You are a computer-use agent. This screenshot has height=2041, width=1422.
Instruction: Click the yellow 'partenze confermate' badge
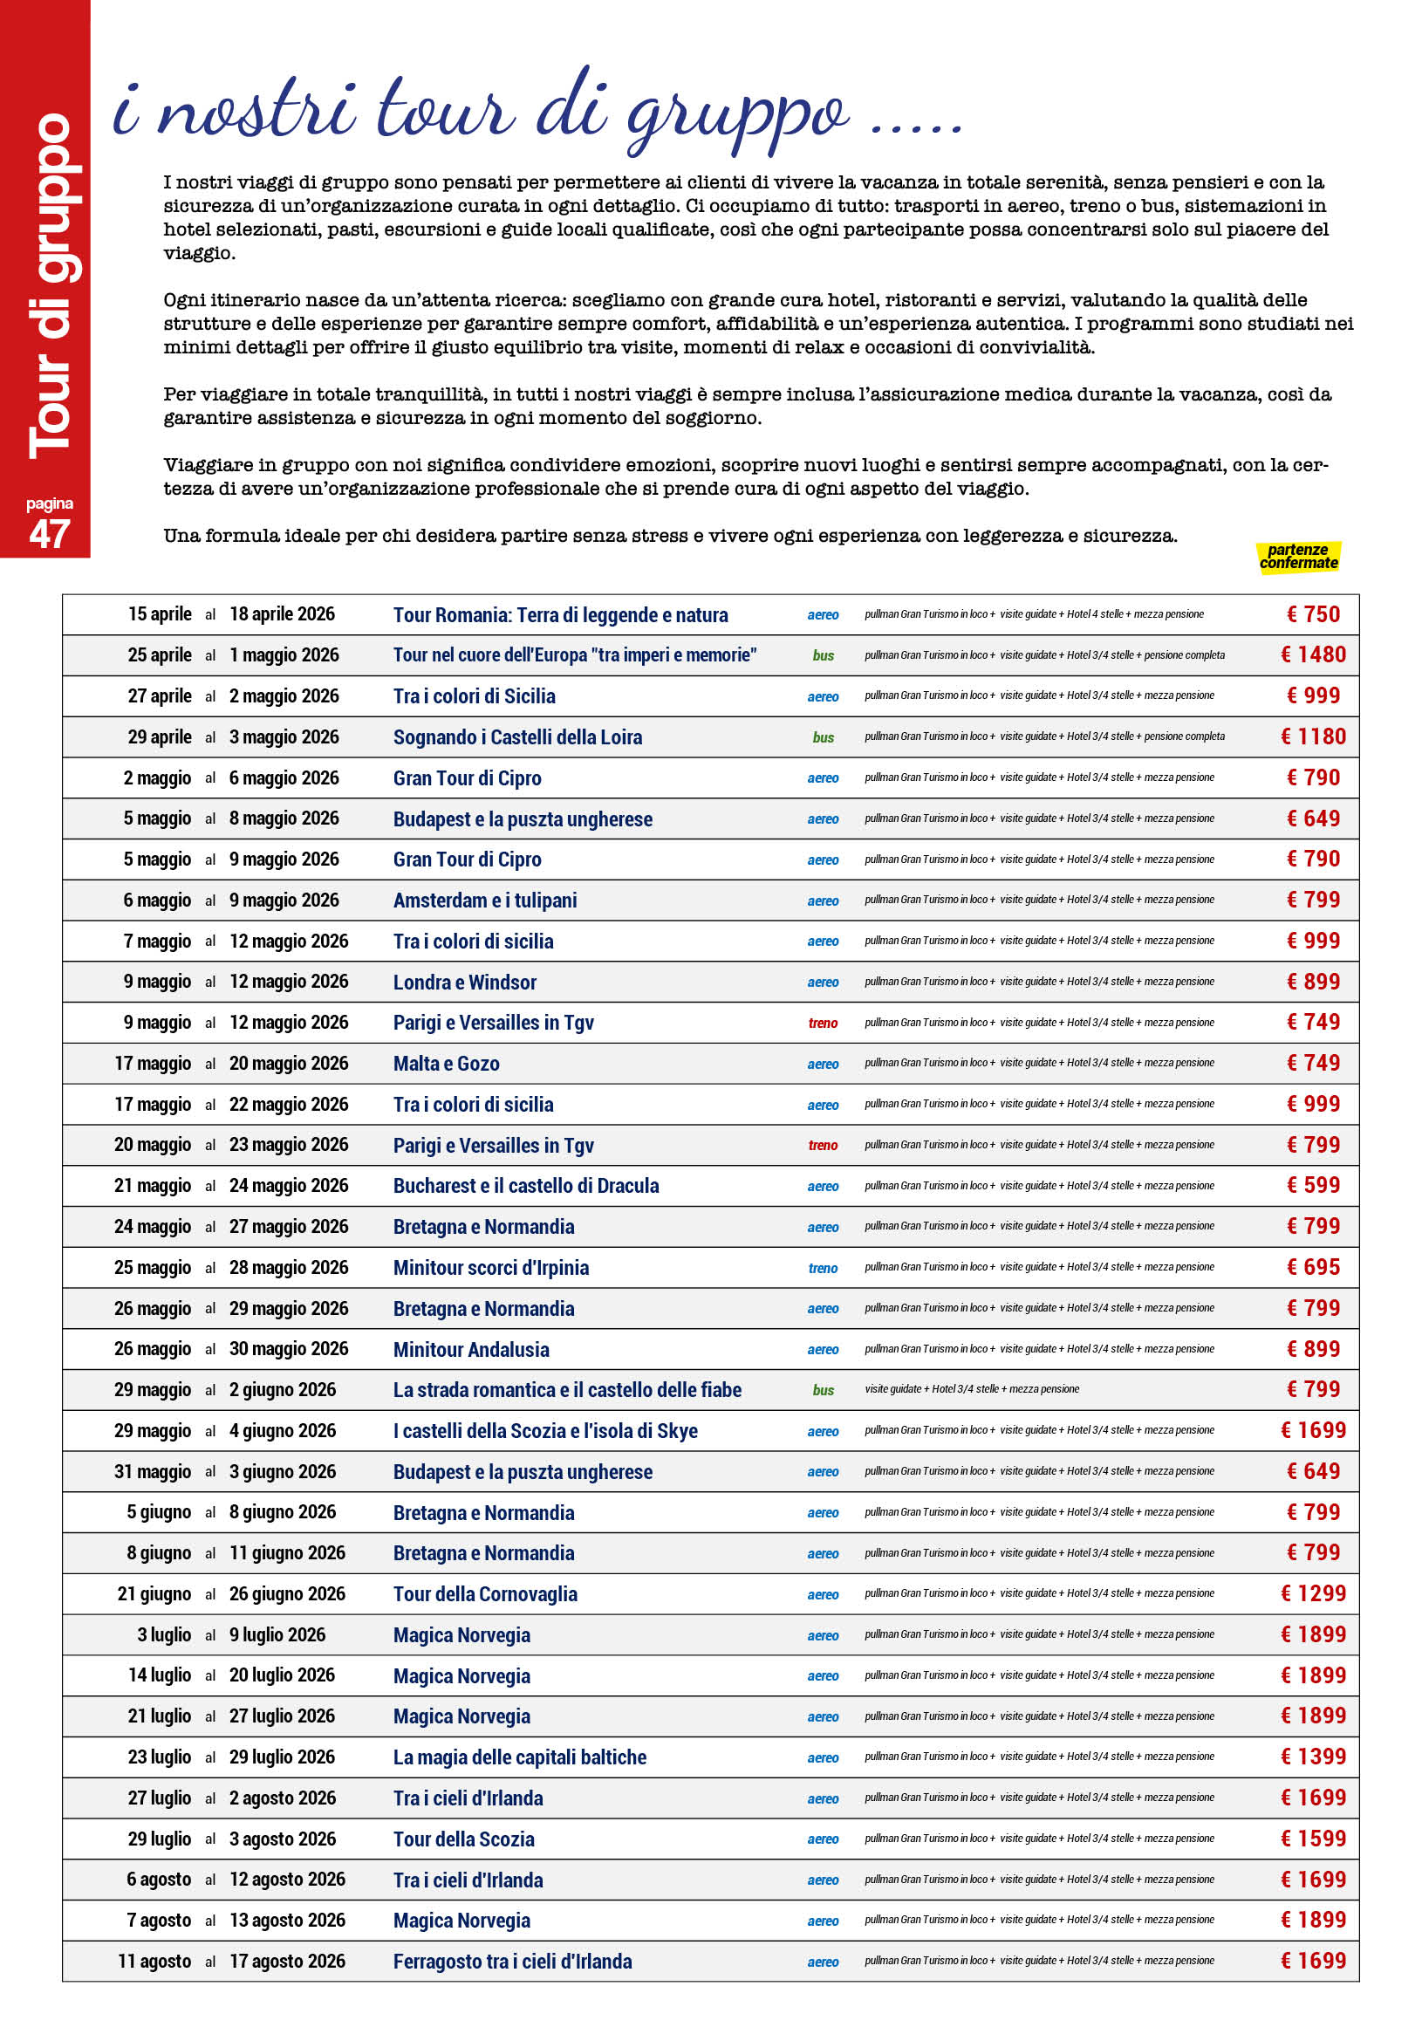[x=1297, y=557]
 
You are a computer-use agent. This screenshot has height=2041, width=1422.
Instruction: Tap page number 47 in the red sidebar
[x=49, y=533]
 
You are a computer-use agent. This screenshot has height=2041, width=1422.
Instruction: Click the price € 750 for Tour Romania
[x=1313, y=614]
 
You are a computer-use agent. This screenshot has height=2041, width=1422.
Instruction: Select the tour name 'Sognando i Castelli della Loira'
[x=517, y=737]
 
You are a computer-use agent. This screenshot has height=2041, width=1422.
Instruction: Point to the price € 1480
[x=1313, y=655]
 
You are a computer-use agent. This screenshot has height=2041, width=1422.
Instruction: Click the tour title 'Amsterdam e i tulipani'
[x=484, y=901]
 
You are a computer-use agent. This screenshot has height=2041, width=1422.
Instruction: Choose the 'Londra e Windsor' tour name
[x=465, y=983]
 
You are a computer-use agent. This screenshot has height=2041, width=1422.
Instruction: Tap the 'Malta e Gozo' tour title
[x=446, y=1064]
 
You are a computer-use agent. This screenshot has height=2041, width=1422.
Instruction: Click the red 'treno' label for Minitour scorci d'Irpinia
[x=822, y=1269]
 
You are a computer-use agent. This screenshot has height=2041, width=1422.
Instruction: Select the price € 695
[x=1313, y=1268]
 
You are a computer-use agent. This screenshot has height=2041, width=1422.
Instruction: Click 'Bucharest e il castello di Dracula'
[x=526, y=1186]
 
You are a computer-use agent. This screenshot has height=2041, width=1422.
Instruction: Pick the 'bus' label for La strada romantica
[x=823, y=1390]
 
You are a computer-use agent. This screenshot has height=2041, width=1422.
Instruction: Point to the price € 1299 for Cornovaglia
[x=1313, y=1594]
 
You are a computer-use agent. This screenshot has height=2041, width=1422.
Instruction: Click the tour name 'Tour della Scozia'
[x=464, y=1839]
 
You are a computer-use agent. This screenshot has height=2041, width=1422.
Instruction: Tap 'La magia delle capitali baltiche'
[x=520, y=1757]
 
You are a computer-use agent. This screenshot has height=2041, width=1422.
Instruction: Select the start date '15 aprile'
[x=159, y=614]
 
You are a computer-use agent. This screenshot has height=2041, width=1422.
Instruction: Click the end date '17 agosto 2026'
[x=287, y=1961]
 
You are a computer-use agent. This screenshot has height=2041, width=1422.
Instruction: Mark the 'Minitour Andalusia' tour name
[x=471, y=1349]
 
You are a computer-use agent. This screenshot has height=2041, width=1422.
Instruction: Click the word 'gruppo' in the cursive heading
[x=738, y=115]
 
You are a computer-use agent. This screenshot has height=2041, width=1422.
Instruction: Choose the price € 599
[x=1313, y=1186]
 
